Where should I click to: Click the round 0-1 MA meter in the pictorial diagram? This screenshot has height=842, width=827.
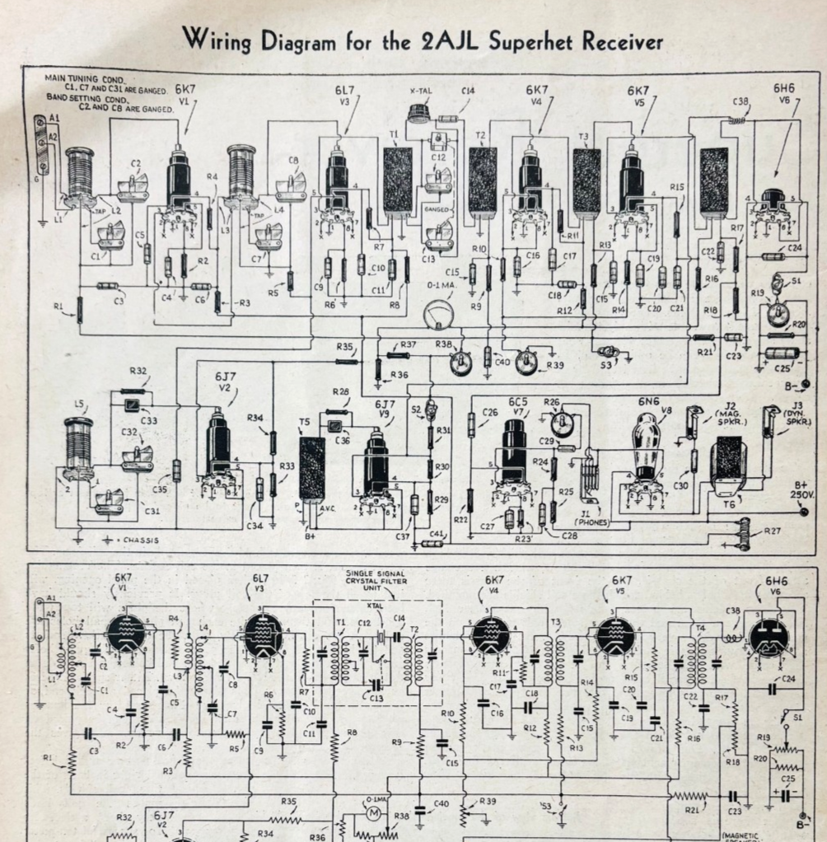coord(436,316)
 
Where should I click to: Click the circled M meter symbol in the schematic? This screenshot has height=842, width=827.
coord(373,814)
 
